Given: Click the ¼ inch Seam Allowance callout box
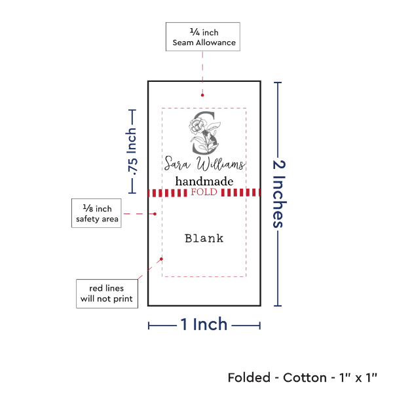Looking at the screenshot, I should [203, 37].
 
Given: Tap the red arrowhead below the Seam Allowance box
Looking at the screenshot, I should [202, 98].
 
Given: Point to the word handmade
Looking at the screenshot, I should [204, 181].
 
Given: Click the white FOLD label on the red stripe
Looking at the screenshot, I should [203, 193].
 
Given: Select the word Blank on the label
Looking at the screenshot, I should [204, 238].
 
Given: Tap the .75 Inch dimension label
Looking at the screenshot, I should [132, 151].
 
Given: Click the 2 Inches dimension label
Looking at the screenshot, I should [279, 193].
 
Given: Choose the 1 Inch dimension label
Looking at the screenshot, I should [204, 324].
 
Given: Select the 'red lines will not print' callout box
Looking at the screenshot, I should [106, 293].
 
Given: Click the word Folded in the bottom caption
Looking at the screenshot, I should [249, 378].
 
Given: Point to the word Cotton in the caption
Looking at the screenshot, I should [305, 378].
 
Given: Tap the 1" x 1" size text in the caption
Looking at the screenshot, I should [358, 378].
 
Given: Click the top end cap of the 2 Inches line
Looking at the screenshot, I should [278, 83].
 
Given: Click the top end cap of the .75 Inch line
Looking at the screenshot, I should [132, 110].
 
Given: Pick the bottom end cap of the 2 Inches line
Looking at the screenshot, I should [278, 305].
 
